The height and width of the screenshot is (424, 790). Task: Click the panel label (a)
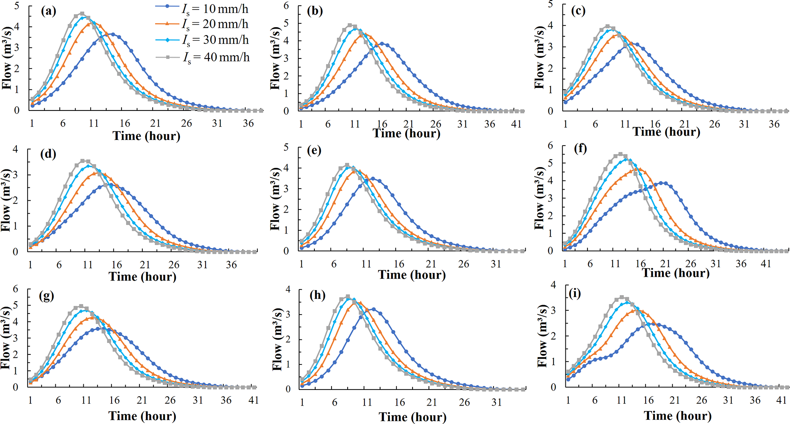point(49,11)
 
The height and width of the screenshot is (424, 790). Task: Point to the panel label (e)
point(314,150)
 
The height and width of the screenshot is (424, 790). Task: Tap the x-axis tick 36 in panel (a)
point(248,123)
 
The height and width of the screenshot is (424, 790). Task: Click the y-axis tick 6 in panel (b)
point(286,6)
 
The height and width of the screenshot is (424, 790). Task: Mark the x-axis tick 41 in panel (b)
point(516,124)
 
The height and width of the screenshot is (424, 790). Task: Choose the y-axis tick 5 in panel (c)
point(550,4)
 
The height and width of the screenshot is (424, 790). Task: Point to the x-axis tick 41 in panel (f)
point(766,263)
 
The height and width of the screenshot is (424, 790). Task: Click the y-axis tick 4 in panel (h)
point(288,290)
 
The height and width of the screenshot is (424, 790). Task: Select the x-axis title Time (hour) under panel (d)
point(142,276)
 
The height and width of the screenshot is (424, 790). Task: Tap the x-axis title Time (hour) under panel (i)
point(678,416)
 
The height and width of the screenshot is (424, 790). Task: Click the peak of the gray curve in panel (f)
point(620,154)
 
